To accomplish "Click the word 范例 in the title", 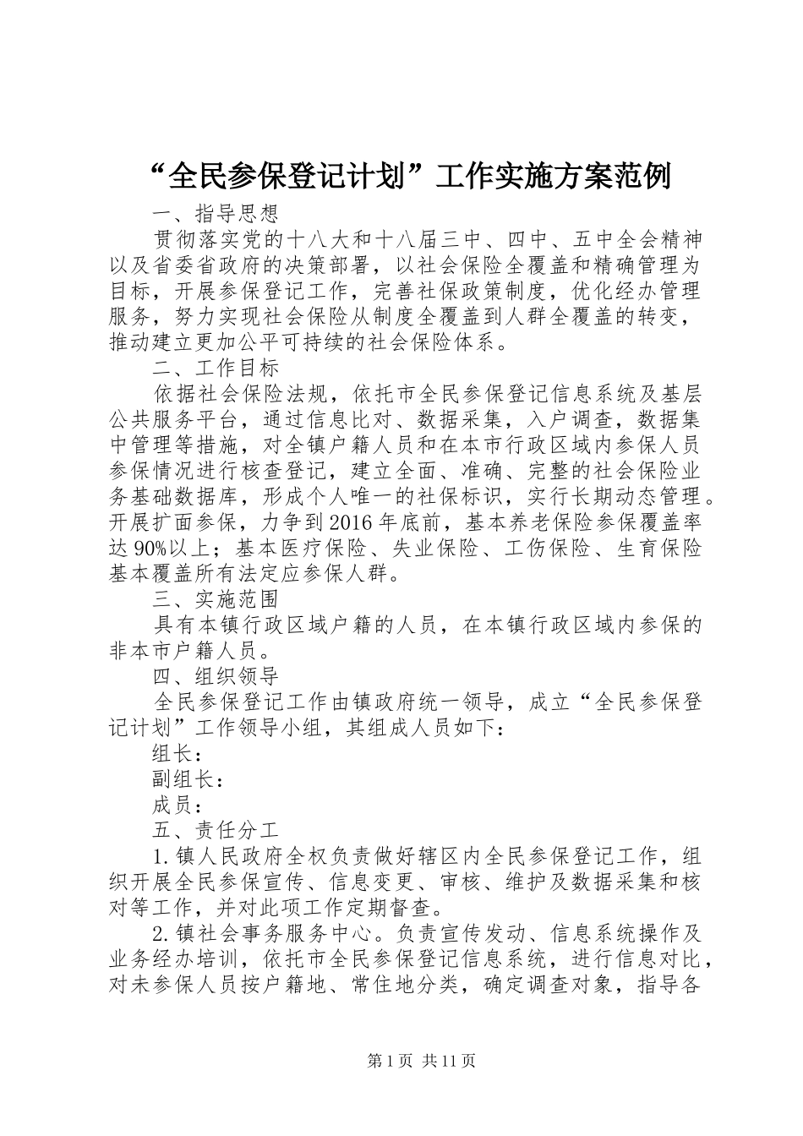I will tap(642, 176).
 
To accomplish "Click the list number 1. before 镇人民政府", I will tap(161, 857).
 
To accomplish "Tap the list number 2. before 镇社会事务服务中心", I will tap(161, 935).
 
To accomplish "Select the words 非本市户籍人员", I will tap(183, 651).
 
